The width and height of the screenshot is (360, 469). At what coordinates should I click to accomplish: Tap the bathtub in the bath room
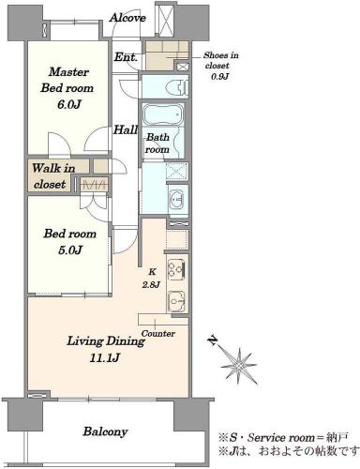pyautogui.click(x=163, y=115)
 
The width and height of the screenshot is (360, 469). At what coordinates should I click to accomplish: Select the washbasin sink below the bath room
pyautogui.click(x=177, y=200)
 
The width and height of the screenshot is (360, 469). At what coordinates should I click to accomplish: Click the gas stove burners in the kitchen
pyautogui.click(x=176, y=269)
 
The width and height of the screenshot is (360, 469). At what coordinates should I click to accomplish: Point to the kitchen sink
pyautogui.click(x=177, y=301)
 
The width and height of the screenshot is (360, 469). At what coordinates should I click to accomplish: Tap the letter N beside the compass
pyautogui.click(x=213, y=340)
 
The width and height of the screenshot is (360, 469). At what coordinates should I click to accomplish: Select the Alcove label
pyautogui.click(x=127, y=18)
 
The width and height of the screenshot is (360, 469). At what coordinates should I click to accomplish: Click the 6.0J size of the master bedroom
pyautogui.click(x=69, y=104)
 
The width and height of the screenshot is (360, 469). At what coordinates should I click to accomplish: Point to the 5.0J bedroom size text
pyautogui.click(x=70, y=250)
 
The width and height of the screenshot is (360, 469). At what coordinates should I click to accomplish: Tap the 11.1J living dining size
pyautogui.click(x=105, y=357)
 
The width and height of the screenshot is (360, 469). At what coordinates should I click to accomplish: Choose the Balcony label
pyautogui.click(x=105, y=431)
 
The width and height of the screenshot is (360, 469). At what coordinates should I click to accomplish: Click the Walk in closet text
pyautogui.click(x=53, y=176)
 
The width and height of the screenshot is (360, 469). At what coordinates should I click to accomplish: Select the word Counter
pyautogui.click(x=158, y=334)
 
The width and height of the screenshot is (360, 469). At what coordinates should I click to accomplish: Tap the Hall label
pyautogui.click(x=126, y=129)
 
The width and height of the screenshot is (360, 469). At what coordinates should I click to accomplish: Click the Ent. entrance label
pyautogui.click(x=126, y=57)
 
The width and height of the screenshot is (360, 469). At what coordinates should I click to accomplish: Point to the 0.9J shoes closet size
pyautogui.click(x=220, y=76)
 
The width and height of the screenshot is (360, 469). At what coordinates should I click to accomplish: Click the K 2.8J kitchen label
pyautogui.click(x=152, y=279)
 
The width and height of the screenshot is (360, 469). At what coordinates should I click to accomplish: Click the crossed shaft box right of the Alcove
pyautogui.click(x=165, y=20)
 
